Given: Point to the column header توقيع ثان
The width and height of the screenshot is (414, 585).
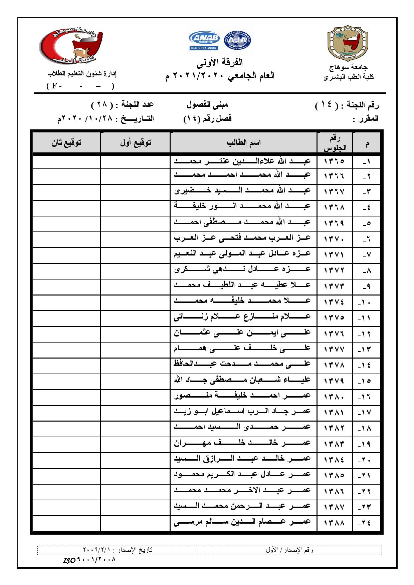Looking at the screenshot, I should point(66,143).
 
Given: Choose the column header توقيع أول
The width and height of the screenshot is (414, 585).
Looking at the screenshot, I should point(136,143).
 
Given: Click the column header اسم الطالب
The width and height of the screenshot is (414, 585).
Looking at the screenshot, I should point(243,143).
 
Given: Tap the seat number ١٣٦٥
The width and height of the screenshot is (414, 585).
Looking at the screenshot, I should point(334,161).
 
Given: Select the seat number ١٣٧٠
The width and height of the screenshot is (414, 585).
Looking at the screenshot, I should point(334,239).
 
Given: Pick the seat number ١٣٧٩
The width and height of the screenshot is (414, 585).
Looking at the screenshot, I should point(334,381).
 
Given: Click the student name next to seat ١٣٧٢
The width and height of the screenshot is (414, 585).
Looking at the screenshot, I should point(242,270).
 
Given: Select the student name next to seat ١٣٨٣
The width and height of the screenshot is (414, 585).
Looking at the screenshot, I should point(242,444).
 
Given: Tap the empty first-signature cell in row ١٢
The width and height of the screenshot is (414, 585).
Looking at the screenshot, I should point(136,333).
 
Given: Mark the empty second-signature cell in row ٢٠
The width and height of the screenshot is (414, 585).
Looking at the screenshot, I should point(66,460).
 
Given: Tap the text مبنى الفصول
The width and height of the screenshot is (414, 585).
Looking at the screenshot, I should point(207,105).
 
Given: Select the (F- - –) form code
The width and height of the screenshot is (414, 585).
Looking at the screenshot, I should point(80,86).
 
